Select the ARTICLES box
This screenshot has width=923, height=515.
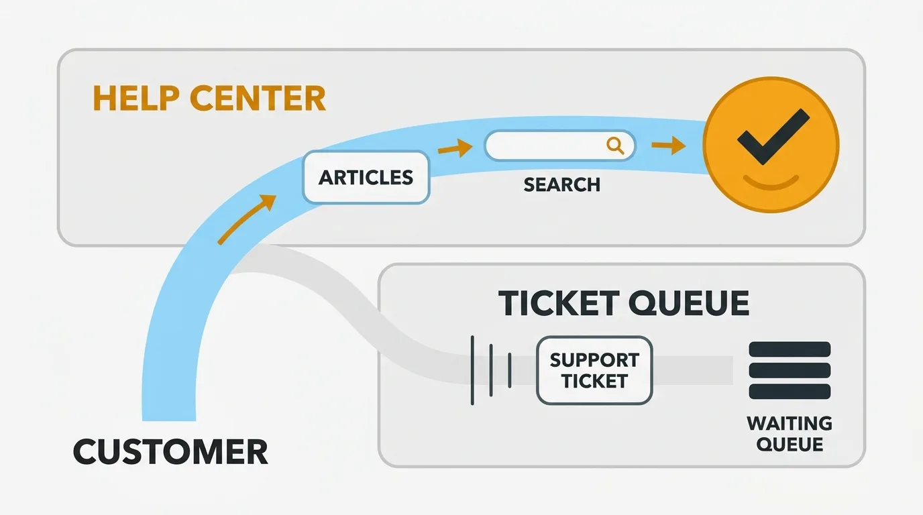click(366, 178)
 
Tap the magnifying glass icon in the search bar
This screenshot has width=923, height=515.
click(614, 145)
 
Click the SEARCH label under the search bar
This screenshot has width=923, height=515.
click(561, 184)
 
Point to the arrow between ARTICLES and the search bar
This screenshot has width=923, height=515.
click(455, 148)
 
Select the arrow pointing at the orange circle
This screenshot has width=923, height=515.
click(668, 146)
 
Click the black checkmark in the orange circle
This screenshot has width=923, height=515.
click(772, 137)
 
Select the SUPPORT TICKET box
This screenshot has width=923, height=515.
click(594, 370)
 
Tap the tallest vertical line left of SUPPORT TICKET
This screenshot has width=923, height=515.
click(473, 370)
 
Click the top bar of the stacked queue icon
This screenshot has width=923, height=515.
click(790, 349)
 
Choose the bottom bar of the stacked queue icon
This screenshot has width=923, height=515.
click(790, 392)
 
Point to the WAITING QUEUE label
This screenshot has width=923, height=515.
click(790, 434)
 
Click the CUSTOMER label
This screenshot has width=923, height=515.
click(170, 452)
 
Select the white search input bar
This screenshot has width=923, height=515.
click(550, 146)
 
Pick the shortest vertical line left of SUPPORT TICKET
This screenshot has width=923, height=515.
click(510, 370)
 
